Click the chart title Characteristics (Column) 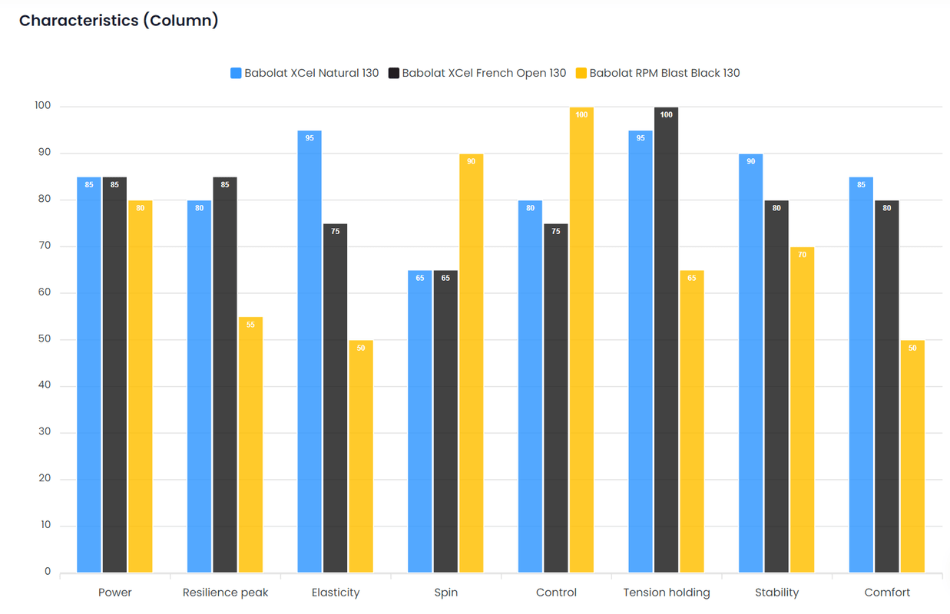click(118, 21)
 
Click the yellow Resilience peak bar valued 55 click(250, 444)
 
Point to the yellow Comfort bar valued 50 click(912, 456)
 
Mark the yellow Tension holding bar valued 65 click(692, 421)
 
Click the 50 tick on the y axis click(45, 339)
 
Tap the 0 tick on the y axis click(48, 572)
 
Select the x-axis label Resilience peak click(225, 593)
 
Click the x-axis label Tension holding click(667, 593)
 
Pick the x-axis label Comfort click(887, 593)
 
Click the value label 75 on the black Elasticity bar click(336, 231)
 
